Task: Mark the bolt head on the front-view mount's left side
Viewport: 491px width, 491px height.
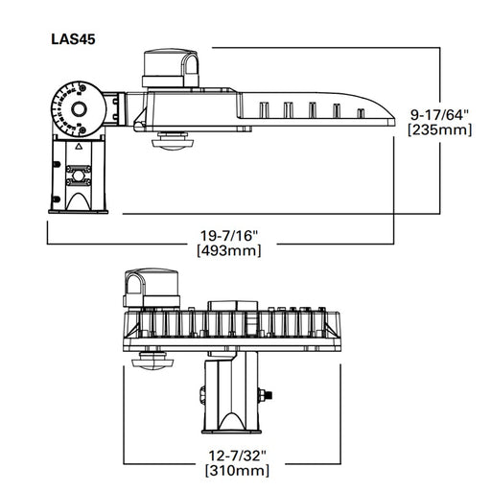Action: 202,394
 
